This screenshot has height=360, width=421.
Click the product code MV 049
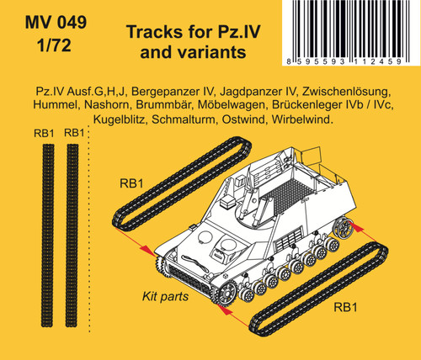coord(56,22)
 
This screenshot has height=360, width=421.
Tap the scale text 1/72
coord(54,45)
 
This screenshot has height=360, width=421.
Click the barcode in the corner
coord(348,33)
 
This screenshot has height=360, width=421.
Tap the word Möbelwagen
coord(232,104)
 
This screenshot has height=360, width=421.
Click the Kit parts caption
coord(165,297)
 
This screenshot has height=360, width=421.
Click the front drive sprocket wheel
coord(226,294)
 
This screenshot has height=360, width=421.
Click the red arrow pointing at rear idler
coord(364,234)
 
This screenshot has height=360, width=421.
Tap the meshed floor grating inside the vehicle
coord(288,195)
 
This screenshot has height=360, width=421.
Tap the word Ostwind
coord(244,119)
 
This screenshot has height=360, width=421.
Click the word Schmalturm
coord(184,119)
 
